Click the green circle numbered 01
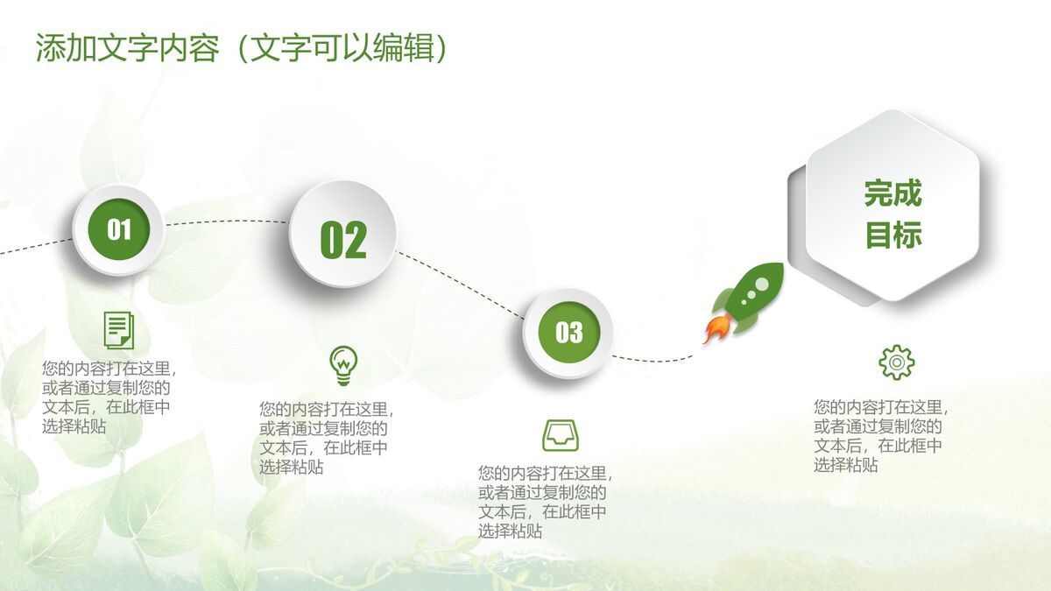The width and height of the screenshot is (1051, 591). point(118,230)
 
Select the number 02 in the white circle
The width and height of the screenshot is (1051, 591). point(342,239)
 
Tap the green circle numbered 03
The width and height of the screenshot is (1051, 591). point(568,333)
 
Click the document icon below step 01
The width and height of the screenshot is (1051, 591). point(118,329)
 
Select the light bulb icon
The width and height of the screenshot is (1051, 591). point(343,365)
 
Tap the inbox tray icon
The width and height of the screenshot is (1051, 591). point(561,435)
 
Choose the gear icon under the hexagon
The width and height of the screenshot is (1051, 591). point(896,362)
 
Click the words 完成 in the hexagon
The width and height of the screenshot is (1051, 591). point(893,193)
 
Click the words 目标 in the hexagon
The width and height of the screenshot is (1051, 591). point(893,235)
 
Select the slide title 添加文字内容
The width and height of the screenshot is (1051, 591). point(127,48)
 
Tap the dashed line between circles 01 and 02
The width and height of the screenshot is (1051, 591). point(226,222)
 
